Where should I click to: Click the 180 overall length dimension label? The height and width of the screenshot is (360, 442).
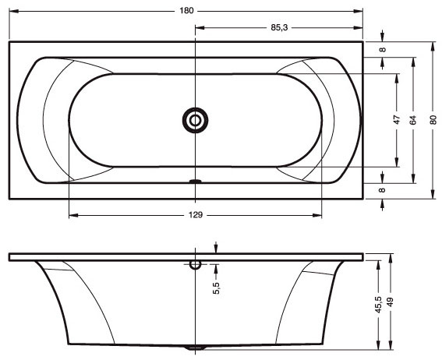[x=186, y=11]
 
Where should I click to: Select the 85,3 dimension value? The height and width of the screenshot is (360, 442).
[x=279, y=27]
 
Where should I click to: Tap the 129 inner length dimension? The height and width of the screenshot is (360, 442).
[x=196, y=215]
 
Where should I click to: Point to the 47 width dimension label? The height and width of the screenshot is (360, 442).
[x=397, y=120]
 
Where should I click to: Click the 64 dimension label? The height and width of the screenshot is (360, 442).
[x=413, y=120]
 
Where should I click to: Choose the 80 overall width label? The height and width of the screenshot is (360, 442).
[x=433, y=120]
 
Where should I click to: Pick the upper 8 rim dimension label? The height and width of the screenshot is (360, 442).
[x=382, y=50]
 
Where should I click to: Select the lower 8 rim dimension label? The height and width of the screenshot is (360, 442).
[x=382, y=190]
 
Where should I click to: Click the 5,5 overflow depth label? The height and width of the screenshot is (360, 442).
[x=216, y=288]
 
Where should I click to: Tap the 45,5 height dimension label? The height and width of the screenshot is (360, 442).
[x=378, y=305]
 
